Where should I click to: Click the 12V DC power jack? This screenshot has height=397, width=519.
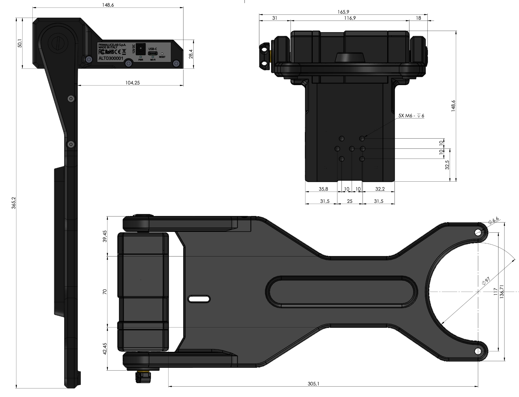141,49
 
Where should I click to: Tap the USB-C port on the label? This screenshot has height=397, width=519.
153,53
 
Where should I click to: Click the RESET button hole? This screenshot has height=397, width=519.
162,54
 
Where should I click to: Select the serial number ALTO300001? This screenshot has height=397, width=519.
111,58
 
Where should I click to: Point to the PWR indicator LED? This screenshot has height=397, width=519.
141,57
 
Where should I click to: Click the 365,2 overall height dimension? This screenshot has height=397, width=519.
14,203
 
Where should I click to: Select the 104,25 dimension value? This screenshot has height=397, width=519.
132,83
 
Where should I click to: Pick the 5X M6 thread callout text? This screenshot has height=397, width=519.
411,116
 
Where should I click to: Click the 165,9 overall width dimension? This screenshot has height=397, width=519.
343,12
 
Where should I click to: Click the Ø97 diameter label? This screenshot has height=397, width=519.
486,281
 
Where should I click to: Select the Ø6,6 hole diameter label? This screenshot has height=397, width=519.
493,220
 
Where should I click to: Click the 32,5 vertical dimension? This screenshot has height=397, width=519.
447,165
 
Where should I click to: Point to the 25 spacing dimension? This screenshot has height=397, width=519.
350,201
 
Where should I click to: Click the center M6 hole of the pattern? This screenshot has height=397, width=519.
352,149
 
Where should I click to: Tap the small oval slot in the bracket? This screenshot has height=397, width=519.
199,299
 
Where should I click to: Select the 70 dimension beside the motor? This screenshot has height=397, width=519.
105,292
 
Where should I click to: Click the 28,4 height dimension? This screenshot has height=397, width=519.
191,54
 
